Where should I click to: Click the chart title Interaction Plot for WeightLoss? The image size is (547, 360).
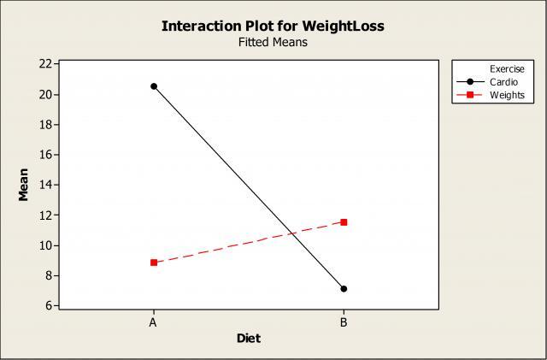273,26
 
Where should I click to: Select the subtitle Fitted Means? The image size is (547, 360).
273,43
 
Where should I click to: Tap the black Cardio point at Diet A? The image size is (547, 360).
154,86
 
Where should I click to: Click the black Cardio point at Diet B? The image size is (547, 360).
344,289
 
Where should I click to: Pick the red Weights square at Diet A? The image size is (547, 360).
154,263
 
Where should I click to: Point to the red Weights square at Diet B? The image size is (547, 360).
344,222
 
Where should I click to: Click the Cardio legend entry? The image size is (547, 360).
503,81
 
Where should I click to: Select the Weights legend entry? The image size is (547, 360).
506,94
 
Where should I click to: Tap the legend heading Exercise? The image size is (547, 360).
507,68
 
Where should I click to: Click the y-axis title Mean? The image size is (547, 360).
24,184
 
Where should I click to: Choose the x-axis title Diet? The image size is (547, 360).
249,339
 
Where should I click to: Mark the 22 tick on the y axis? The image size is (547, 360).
44,64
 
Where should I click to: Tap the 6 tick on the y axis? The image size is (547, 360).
46,305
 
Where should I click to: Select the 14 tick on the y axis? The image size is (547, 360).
44,185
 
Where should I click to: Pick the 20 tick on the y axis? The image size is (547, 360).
44,94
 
